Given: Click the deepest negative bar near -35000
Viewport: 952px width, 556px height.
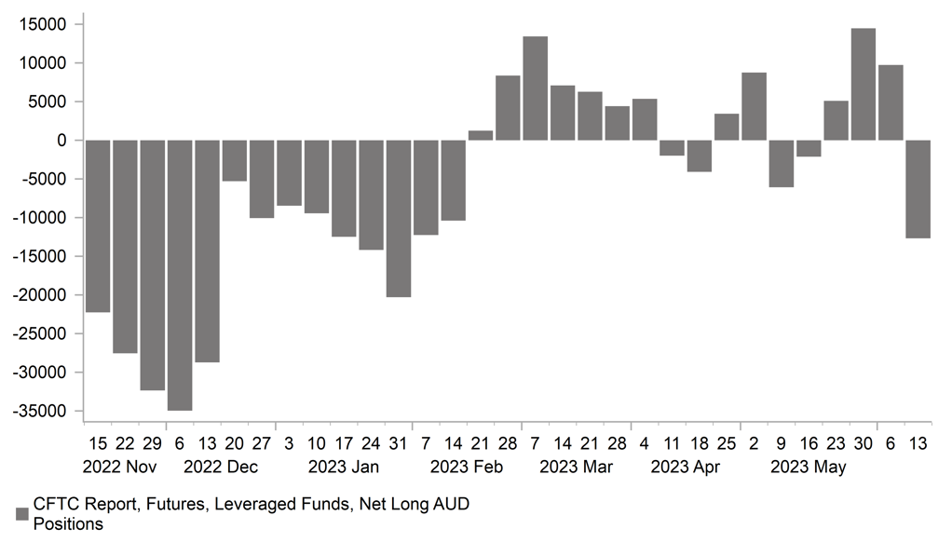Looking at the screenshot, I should pos(180,275).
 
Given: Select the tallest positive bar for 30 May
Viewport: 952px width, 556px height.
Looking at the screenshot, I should pos(864,85).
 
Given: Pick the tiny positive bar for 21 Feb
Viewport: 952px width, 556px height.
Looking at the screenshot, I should pos(481,136).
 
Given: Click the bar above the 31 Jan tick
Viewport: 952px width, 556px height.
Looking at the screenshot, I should pos(399,218).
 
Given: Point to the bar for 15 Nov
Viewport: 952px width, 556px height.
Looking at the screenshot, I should pos(98,225).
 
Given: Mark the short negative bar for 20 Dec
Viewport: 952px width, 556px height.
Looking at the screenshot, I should pos(235,160).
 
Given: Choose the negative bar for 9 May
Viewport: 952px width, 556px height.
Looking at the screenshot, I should pos(782,163).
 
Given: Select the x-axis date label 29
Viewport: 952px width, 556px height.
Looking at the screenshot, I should pos(153,442).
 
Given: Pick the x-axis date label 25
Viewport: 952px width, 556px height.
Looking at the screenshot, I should pos(727,442).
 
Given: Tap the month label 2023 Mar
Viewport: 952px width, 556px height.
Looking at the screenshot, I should pos(576,467).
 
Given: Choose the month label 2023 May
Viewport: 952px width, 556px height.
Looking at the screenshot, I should pos(809,467).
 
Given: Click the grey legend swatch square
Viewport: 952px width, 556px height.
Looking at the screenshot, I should pos(22,513).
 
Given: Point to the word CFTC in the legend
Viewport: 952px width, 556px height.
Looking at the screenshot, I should pos(57,505).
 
